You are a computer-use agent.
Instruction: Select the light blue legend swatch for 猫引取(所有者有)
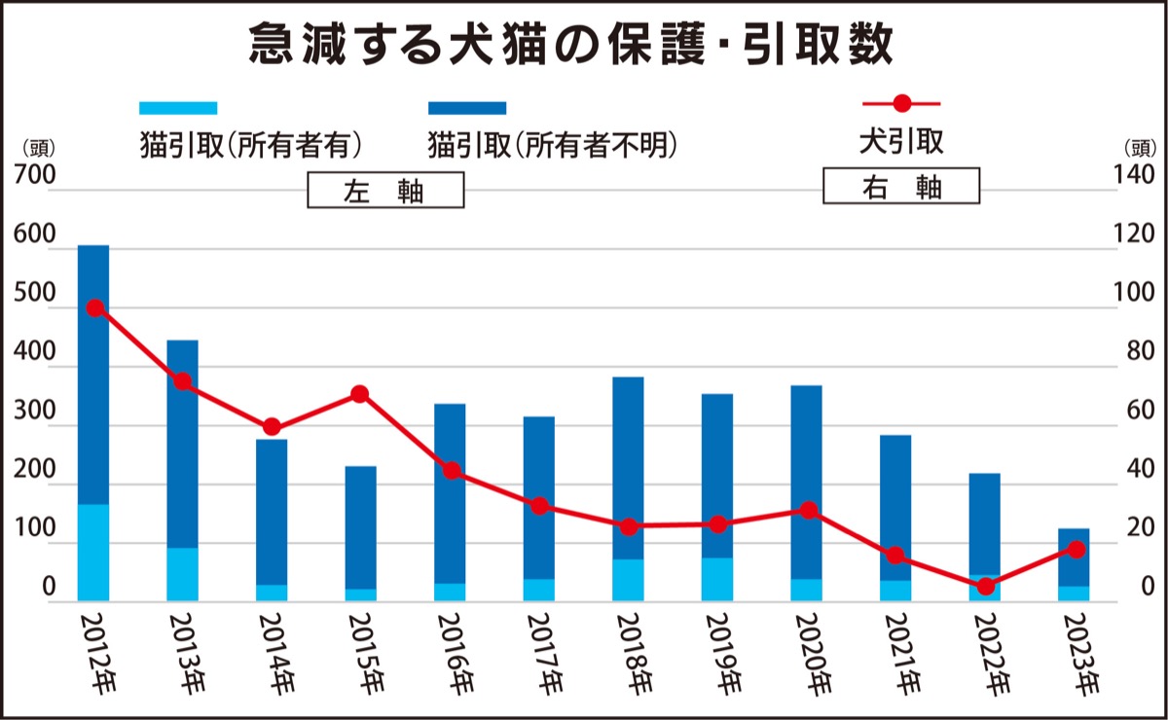pyautogui.click(x=178, y=107)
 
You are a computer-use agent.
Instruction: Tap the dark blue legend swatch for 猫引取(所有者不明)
pyautogui.click(x=467, y=107)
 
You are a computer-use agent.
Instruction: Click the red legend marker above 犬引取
pyautogui.click(x=901, y=103)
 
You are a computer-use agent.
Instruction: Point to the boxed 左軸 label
pyautogui.click(x=385, y=191)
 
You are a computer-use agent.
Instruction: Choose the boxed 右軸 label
pyautogui.click(x=901, y=187)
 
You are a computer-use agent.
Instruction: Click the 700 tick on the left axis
pyautogui.click(x=35, y=177)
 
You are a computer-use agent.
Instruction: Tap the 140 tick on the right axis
pyautogui.click(x=1135, y=177)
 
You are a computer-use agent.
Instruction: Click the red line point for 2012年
pyautogui.click(x=95, y=307)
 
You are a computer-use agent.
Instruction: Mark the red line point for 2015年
pyautogui.click(x=359, y=394)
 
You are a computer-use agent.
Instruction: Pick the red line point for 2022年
pyautogui.click(x=985, y=587)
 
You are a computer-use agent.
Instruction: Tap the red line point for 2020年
pyautogui.click(x=808, y=510)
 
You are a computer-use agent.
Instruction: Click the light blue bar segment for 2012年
pyautogui.click(x=93, y=552)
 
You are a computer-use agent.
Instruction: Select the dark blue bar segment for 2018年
pyautogui.click(x=629, y=467)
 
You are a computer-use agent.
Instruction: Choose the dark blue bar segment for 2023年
pyautogui.click(x=1075, y=558)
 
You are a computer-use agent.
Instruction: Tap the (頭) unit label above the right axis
pyautogui.click(x=1140, y=149)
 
